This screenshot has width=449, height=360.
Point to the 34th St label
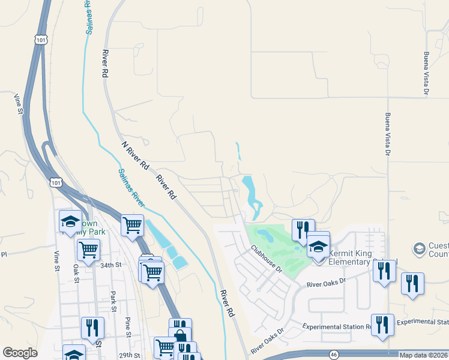111,265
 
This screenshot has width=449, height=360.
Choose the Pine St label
127,326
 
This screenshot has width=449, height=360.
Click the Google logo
20,353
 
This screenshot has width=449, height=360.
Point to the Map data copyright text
423,355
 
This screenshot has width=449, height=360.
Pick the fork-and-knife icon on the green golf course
302,229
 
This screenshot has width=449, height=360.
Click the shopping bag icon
179,337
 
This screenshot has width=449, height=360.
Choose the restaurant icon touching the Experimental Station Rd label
382,325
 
